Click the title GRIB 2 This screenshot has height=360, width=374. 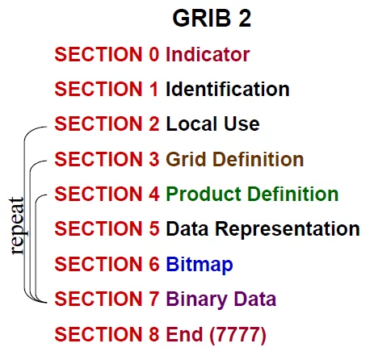pyautogui.click(x=212, y=18)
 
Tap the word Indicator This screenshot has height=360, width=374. pyautogui.click(x=208, y=54)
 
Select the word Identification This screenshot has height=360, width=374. pyautogui.click(x=228, y=89)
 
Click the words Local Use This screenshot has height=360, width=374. pyautogui.click(x=212, y=123)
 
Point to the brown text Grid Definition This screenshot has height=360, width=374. pyautogui.click(x=235, y=159)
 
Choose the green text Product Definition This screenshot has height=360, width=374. pyautogui.click(x=252, y=194)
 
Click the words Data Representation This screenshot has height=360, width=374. pyautogui.click(x=263, y=229)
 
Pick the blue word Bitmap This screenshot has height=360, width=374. pyautogui.click(x=200, y=265)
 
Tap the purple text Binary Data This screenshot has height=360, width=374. pyautogui.click(x=221, y=299)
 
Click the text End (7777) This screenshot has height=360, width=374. pyautogui.click(x=216, y=334)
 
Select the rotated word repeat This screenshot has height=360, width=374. pyautogui.click(x=17, y=226)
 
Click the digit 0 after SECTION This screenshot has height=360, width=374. pyautogui.click(x=154, y=54)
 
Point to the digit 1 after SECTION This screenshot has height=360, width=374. pyautogui.click(x=154, y=89)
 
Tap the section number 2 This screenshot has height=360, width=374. pyautogui.click(x=154, y=123)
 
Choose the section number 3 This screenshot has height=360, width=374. pyautogui.click(x=154, y=159)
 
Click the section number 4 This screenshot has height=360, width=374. pyautogui.click(x=154, y=194)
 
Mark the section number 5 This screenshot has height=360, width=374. pyautogui.click(x=154, y=229)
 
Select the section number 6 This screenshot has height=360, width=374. pyautogui.click(x=154, y=264)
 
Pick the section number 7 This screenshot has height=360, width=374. pyautogui.click(x=154, y=299)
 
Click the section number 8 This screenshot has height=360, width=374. pyautogui.click(x=154, y=334)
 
